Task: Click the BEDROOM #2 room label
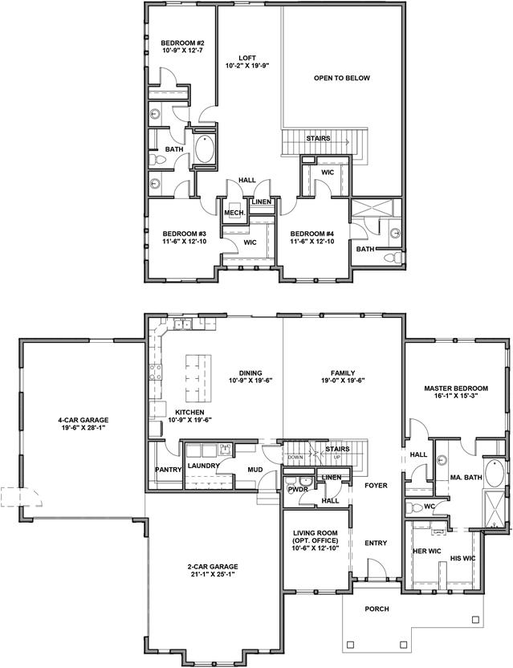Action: click(x=183, y=43)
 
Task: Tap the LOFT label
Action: click(x=247, y=58)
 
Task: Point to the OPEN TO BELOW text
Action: click(x=342, y=78)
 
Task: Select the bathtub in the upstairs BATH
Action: click(x=205, y=149)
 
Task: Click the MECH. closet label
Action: click(x=234, y=213)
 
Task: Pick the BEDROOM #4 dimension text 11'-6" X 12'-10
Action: click(x=311, y=241)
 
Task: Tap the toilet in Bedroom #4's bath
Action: click(x=393, y=257)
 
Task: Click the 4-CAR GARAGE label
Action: click(x=83, y=420)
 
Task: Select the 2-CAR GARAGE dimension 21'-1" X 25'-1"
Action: click(x=213, y=574)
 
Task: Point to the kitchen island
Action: click(x=198, y=378)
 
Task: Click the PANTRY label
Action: click(x=169, y=470)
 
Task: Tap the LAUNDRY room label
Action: click(x=204, y=466)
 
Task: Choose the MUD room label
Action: click(x=255, y=470)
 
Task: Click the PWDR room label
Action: click(x=298, y=490)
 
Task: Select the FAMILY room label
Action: click(x=343, y=373)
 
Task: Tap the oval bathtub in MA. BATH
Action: click(x=495, y=473)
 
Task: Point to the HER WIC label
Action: click(x=427, y=551)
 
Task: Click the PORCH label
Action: click(x=377, y=609)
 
